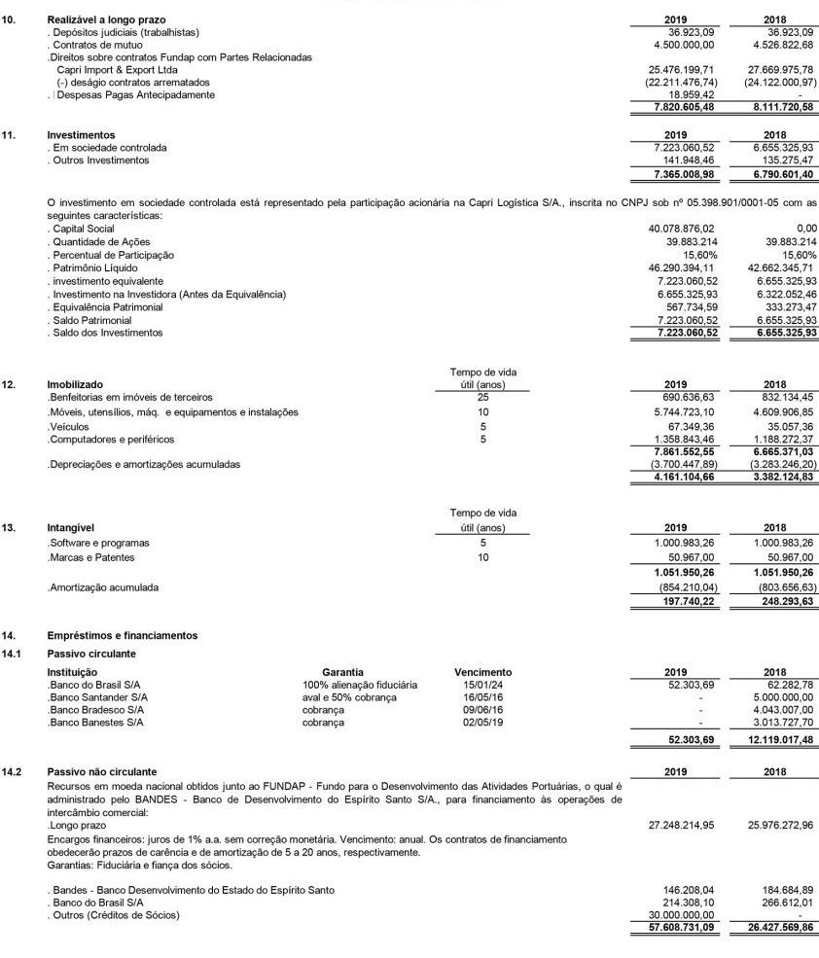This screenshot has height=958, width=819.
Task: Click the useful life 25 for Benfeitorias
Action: (x=483, y=398)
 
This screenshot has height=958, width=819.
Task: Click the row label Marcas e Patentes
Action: (x=91, y=557)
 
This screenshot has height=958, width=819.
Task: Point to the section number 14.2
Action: (x=14, y=771)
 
